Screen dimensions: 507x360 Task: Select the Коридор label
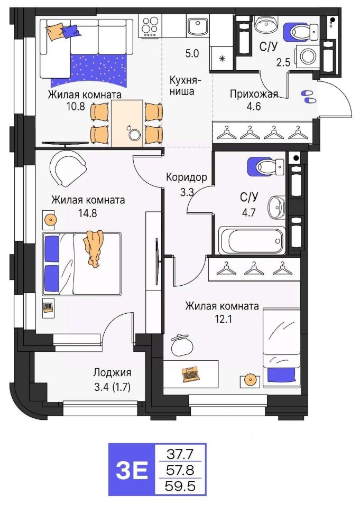click(186, 177)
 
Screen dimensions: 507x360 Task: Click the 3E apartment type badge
click(131, 470)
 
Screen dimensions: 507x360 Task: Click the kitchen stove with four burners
click(150, 26)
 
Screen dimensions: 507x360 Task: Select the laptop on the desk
click(190, 374)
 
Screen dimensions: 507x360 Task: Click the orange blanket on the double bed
click(94, 247)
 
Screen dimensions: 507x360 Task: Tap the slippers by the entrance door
click(308, 96)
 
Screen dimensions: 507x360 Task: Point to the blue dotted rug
click(90, 71)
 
